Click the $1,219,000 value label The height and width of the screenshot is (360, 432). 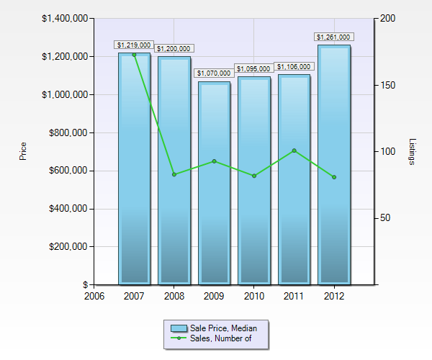(134, 45)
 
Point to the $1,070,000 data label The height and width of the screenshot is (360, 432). (214, 73)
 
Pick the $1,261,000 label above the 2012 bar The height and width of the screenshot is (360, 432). (333, 37)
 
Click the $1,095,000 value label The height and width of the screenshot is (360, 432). (253, 68)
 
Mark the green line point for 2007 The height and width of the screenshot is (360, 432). (135, 55)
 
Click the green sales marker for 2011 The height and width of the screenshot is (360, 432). (294, 150)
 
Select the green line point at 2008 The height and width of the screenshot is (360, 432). (174, 174)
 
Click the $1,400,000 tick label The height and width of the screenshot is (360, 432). (63, 18)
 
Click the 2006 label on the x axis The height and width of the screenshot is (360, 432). (94, 295)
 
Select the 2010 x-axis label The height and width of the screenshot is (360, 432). (254, 295)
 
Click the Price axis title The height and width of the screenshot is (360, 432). (23, 151)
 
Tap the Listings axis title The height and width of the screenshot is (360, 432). (412, 151)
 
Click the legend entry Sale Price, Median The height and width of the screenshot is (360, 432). (221, 328)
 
